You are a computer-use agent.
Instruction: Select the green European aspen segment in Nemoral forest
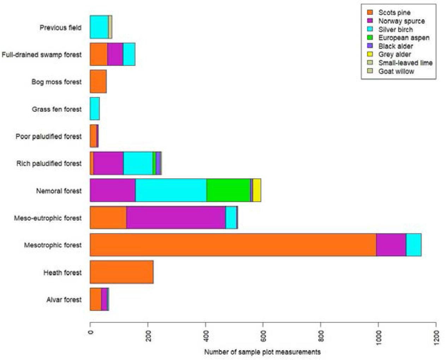(x=228, y=190)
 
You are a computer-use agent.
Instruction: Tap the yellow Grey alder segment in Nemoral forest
(x=257, y=190)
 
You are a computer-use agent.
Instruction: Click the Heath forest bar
(x=121, y=272)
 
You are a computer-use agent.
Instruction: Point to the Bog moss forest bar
(x=98, y=81)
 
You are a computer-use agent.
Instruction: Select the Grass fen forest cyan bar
(x=95, y=109)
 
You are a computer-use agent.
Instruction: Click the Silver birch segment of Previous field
(x=99, y=27)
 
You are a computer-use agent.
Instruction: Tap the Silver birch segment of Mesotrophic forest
(x=413, y=245)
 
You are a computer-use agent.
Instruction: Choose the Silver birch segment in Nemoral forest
(x=171, y=190)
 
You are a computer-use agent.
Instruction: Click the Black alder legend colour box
(x=370, y=46)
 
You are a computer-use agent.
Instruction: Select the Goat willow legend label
(x=396, y=71)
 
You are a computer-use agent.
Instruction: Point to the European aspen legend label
(x=404, y=38)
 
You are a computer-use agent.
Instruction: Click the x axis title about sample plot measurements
(x=262, y=352)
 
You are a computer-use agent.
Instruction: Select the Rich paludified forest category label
(x=49, y=163)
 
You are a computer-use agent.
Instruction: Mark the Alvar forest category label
(x=64, y=299)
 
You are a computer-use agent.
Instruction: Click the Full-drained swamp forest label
(x=41, y=55)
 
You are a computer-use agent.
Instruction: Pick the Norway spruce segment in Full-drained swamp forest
(x=115, y=54)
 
